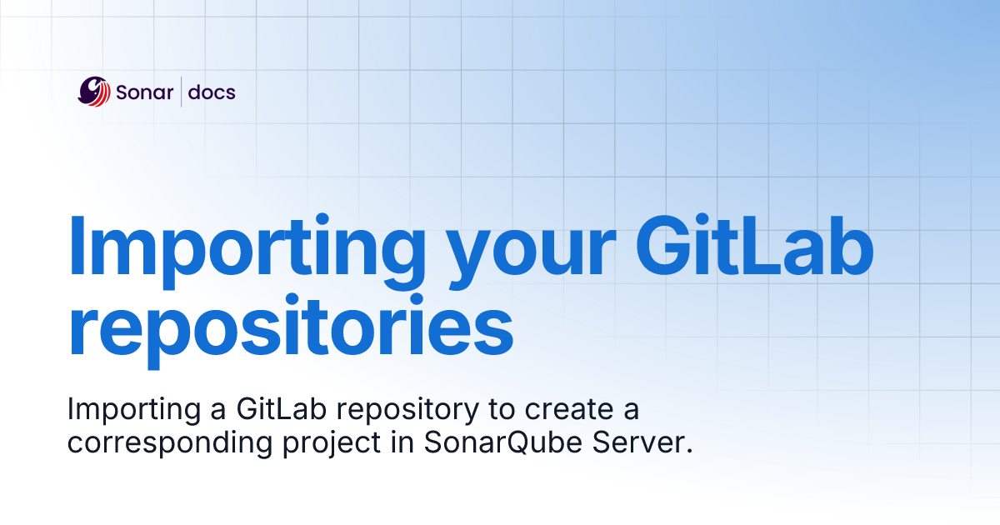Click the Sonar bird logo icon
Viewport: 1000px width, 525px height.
point(94,92)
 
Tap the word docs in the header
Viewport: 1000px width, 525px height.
point(212,92)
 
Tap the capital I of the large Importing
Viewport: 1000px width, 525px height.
point(77,244)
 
